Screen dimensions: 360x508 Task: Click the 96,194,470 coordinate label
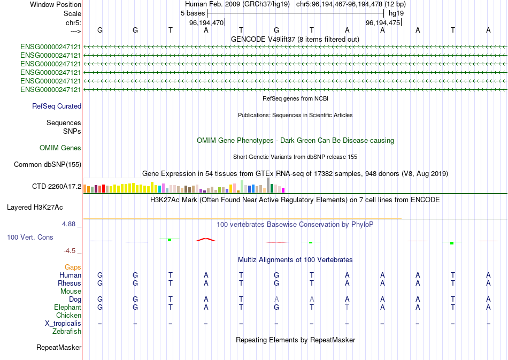point(206,23)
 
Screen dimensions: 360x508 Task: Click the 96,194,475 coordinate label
point(383,23)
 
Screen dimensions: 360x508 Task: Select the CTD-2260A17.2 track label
point(57,186)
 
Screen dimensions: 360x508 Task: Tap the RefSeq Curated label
point(57,106)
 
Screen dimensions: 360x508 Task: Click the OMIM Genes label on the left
point(60,148)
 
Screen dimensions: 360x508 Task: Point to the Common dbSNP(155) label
point(48,165)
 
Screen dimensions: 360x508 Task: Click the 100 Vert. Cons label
point(30,237)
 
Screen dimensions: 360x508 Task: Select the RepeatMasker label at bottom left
point(59,348)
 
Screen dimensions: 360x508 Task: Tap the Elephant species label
point(67,308)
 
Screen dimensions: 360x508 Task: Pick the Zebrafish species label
point(67,332)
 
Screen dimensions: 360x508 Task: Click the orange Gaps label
point(73,267)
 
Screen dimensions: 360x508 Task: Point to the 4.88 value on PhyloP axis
point(71,224)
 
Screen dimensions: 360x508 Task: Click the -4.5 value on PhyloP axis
point(72,250)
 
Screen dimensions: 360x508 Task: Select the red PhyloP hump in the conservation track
point(206,240)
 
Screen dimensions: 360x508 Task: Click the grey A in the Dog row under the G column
point(276,299)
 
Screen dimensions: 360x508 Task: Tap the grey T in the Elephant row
point(347,308)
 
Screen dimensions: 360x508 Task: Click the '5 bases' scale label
point(193,12)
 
